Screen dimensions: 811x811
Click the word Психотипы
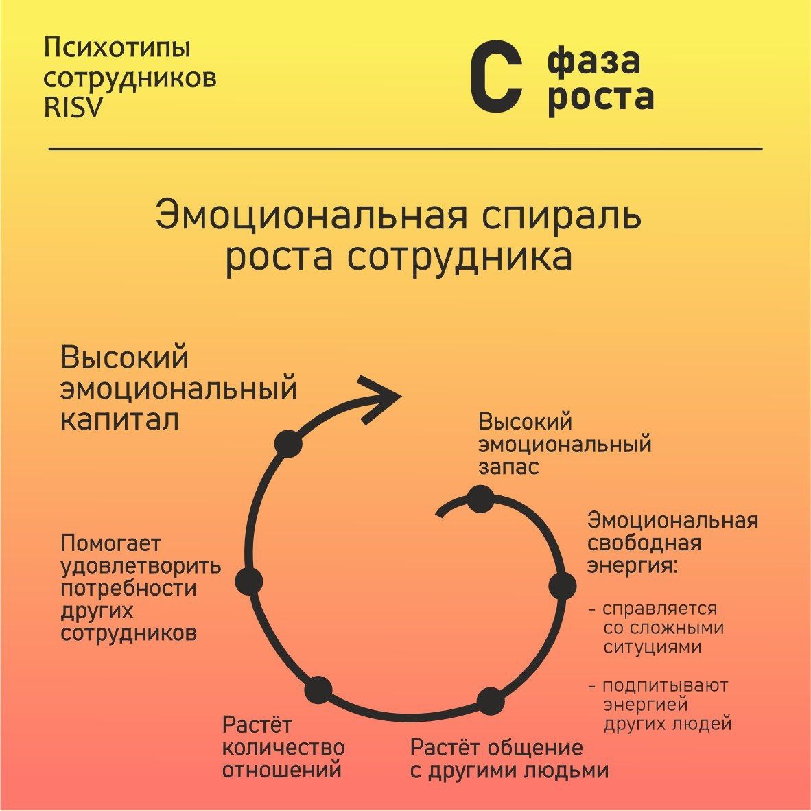tap(117, 49)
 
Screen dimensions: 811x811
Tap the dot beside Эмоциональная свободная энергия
tap(562, 586)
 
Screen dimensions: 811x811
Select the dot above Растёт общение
tap(490, 701)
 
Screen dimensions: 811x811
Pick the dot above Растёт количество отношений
tap(319, 690)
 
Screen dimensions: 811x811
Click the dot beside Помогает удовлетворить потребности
tap(249, 581)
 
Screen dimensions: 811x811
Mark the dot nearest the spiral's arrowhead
tap(288, 443)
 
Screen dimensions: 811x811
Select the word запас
tap(508, 467)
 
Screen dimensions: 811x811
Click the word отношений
tap(282, 770)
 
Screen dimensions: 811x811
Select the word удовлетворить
tap(141, 566)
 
